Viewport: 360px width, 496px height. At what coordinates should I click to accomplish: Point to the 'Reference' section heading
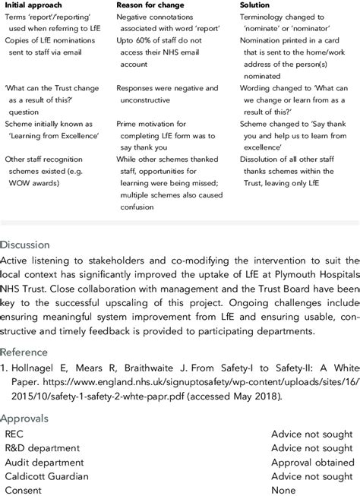coord(28,352)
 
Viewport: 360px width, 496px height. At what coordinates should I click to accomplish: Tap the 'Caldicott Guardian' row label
coord(47,476)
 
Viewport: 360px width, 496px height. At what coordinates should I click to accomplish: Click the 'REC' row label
coord(14,433)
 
